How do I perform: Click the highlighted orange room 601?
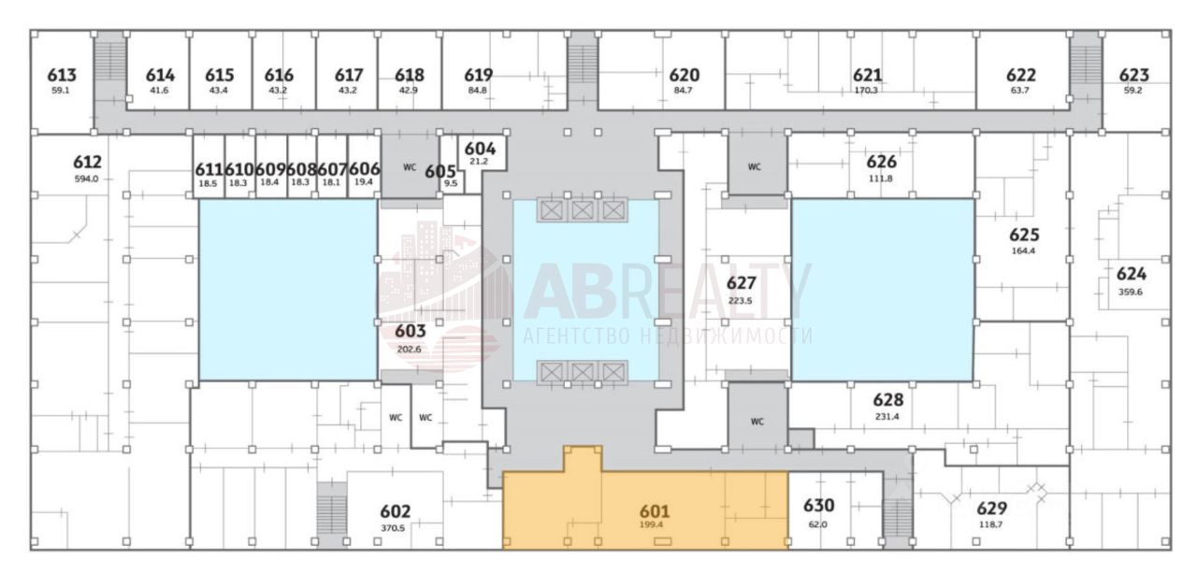tap(645, 509)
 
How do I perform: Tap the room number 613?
tap(62, 76)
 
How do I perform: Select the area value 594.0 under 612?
tap(86, 178)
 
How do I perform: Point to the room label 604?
tap(480, 149)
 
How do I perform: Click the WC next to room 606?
tap(410, 168)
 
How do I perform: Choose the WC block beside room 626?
tap(755, 166)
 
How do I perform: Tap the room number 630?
tap(818, 506)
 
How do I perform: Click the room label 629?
tap(991, 509)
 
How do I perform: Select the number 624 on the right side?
tap(1131, 274)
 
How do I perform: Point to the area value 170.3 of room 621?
tap(866, 91)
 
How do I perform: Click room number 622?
tap(1020, 76)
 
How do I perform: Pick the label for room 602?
tap(395, 511)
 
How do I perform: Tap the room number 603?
tap(411, 331)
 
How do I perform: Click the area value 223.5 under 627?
tap(741, 300)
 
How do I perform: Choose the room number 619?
tap(478, 76)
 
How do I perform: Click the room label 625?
tap(1024, 235)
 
